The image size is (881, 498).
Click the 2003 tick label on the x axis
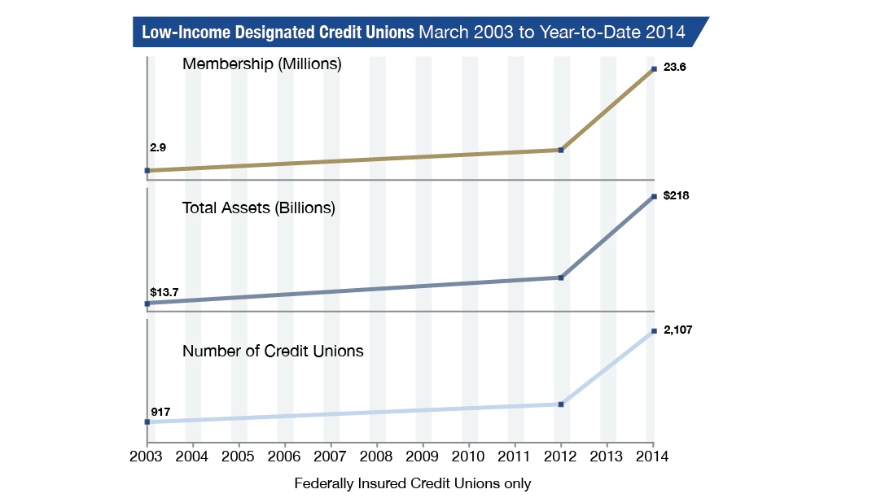146,456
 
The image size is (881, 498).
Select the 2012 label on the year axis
560,456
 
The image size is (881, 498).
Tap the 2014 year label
652,456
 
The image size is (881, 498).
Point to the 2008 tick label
376,456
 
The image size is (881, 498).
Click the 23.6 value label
675,68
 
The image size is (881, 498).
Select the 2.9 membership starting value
158,147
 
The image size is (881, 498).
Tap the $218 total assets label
676,195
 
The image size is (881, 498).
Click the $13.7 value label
164,292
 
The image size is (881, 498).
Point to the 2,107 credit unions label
677,330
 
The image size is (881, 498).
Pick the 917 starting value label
160,412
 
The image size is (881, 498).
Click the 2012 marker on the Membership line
561,150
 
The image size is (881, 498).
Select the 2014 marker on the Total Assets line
654,196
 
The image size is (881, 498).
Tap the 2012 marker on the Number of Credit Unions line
561,404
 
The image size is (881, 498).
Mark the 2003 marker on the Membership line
147,170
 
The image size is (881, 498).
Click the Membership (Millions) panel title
262,64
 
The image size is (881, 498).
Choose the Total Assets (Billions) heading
258,208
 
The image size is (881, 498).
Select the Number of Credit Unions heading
273,351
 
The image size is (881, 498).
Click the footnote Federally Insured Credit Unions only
412,483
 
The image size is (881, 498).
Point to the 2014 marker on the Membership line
654,69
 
